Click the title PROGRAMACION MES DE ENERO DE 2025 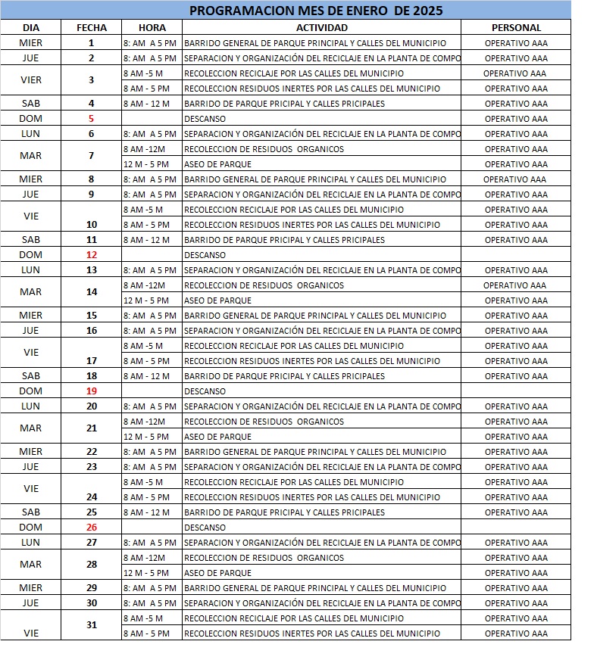(316, 11)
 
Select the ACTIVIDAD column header (321, 28)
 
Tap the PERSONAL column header (516, 28)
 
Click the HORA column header (152, 28)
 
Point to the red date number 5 (91, 119)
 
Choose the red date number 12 (92, 255)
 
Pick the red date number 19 (92, 391)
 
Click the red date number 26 (92, 528)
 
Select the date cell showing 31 (92, 624)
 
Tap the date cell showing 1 (91, 43)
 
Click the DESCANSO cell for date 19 (205, 391)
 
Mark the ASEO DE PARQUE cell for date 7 (207, 164)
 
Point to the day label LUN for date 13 (31, 270)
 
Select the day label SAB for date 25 (31, 512)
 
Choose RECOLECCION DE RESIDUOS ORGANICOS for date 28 (264, 558)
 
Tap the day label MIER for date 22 (31, 452)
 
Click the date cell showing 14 (92, 291)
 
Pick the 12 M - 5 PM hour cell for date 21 (146, 437)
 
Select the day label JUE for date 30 (31, 603)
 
